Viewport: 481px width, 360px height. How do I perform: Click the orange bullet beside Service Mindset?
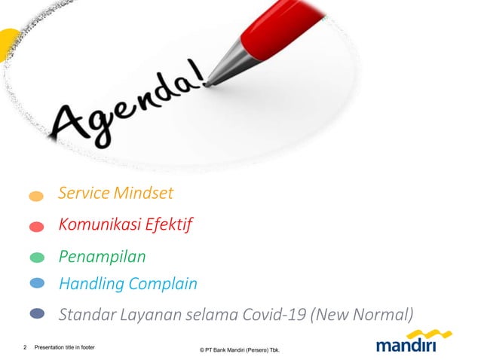(36, 196)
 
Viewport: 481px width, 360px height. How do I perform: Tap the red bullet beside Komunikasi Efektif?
(36, 226)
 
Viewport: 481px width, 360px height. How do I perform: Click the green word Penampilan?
(102, 257)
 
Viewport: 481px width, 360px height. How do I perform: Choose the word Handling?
(91, 284)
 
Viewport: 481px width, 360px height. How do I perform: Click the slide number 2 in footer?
(25, 348)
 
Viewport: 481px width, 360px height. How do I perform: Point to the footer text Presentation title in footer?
(65, 348)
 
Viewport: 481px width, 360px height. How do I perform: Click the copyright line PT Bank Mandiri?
(240, 350)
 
